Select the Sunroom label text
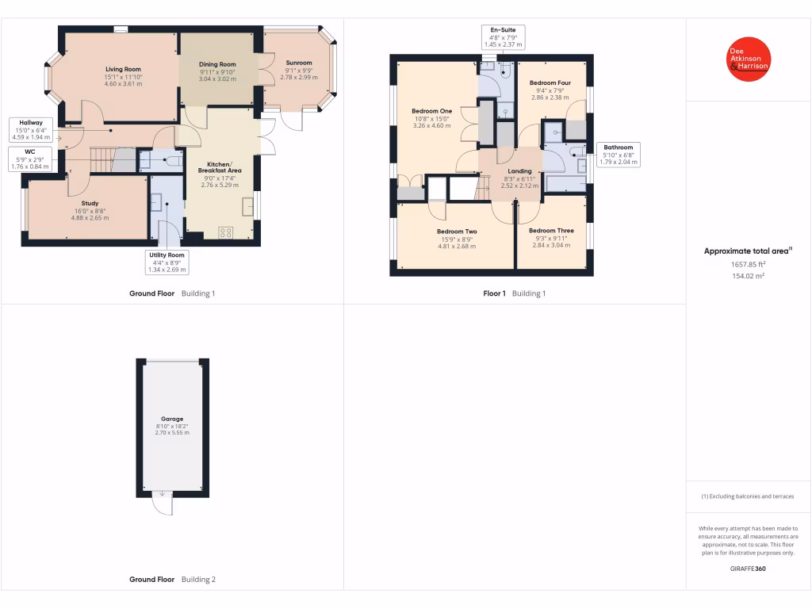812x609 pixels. pos(299,63)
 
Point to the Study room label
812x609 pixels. pos(88,204)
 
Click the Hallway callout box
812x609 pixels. pos(31,130)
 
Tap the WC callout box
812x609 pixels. pos(29,159)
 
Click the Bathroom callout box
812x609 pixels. pos(618,155)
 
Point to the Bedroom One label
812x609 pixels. pos(432,111)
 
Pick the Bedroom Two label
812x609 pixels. pos(457,232)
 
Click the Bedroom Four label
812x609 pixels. pos(550,82)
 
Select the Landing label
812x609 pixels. pos(519,171)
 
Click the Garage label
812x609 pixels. pos(172,419)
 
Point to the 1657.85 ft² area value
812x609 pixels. pos(748,264)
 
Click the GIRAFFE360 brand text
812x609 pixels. pos(748,569)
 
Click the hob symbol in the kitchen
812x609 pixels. pos(226,232)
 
